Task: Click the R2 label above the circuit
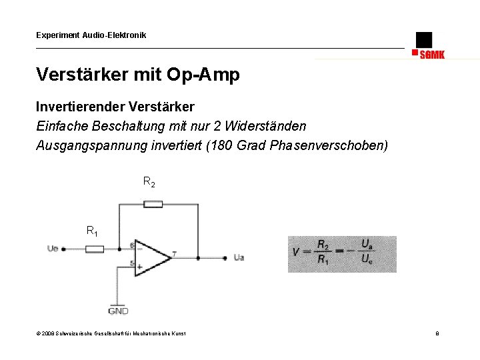(x=149, y=182)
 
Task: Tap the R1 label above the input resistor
(x=92, y=231)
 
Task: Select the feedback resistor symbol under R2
(x=153, y=203)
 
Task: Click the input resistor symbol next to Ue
(x=95, y=249)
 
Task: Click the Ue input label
(x=53, y=249)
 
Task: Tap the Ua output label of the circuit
(x=239, y=257)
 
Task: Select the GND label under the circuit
(x=118, y=311)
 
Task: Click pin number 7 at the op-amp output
(x=174, y=253)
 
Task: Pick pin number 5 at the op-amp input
(x=132, y=264)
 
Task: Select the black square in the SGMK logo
(x=423, y=40)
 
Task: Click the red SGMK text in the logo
(x=431, y=55)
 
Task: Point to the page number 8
(x=437, y=333)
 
